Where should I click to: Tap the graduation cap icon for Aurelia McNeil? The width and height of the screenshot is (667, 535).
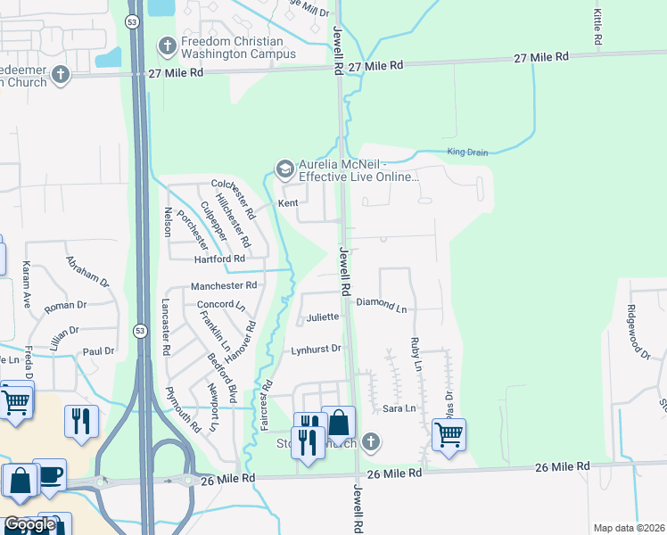pyautogui.click(x=284, y=169)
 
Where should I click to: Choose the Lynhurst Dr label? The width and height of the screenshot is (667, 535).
pyautogui.click(x=316, y=350)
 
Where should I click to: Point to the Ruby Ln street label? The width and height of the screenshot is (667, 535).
pyautogui.click(x=416, y=353)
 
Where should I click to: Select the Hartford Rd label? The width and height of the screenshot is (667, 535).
pyautogui.click(x=219, y=259)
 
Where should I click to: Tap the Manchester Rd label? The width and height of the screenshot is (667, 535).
pyautogui.click(x=224, y=286)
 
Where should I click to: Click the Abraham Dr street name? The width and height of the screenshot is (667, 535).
pyautogui.click(x=87, y=270)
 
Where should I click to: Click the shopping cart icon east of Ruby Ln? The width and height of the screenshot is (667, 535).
pyautogui.click(x=449, y=435)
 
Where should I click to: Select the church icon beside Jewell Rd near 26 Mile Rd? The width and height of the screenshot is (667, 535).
pyautogui.click(x=371, y=442)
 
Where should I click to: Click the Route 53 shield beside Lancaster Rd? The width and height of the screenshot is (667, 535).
pyautogui.click(x=139, y=331)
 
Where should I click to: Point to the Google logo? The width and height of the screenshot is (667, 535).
pyautogui.click(x=29, y=525)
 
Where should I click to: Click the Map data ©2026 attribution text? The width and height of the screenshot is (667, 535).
pyautogui.click(x=628, y=528)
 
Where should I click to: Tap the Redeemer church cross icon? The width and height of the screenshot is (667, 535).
pyautogui.click(x=60, y=74)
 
